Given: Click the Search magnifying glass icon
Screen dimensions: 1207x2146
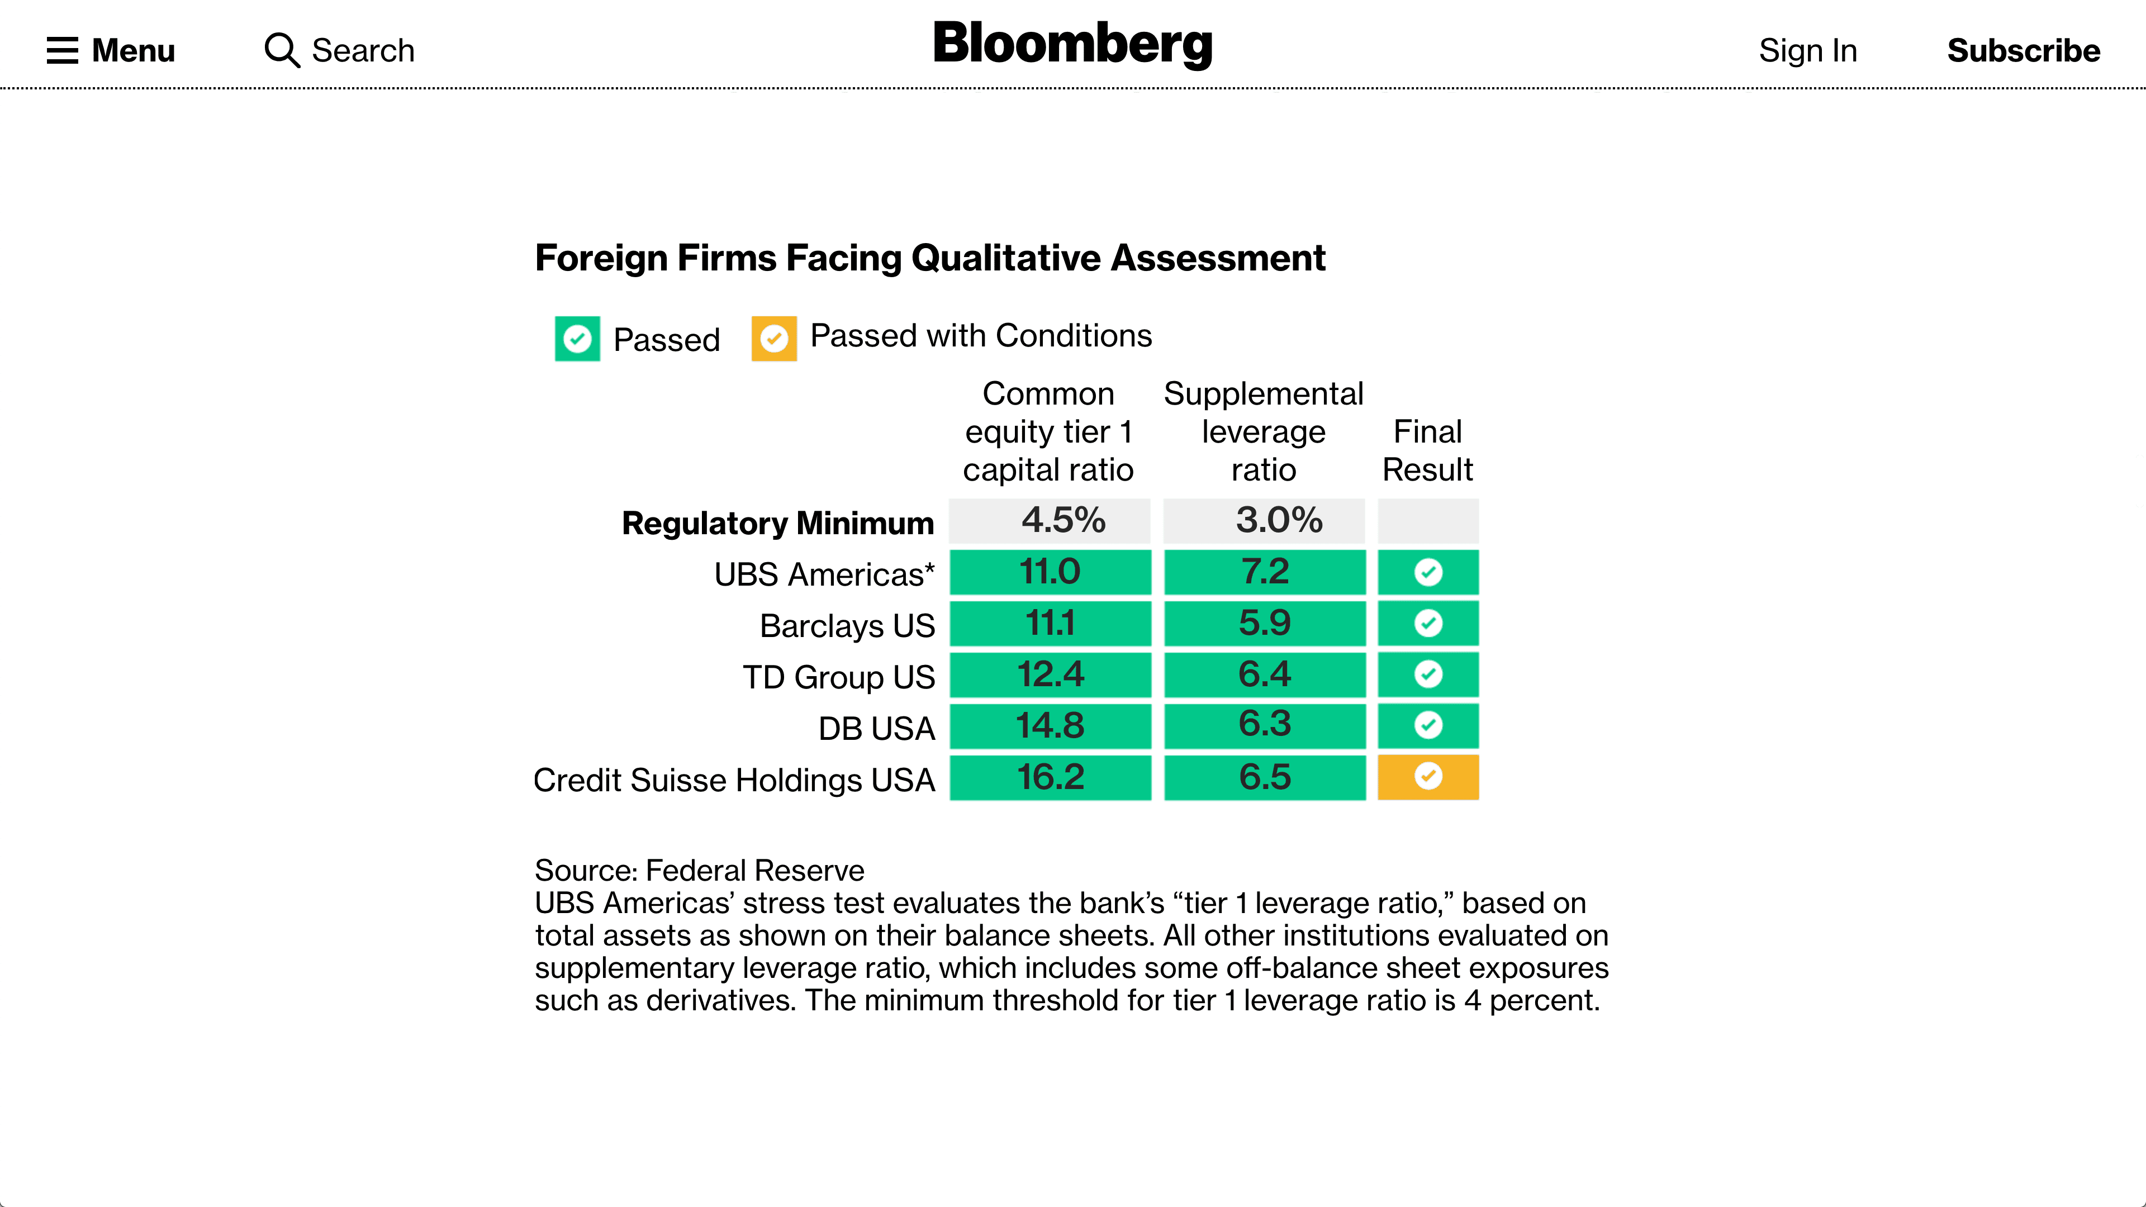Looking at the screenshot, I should pos(282,50).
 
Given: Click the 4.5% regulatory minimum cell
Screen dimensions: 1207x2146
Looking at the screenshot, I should pos(1050,521).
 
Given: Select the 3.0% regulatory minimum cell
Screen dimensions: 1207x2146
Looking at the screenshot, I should pos(1264,521).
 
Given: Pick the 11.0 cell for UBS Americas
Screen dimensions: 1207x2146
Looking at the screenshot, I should pos(1050,572).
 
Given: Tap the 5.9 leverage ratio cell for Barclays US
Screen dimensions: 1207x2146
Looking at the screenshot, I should pos(1264,623).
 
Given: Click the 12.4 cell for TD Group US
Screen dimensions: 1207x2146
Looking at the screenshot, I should pos(1050,674).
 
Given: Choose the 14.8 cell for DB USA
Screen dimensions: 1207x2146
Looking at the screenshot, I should pos(1050,725).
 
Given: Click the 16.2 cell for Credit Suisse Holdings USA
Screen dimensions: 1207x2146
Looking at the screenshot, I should pos(1050,777).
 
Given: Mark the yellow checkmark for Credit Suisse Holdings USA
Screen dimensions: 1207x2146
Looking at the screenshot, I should pos(1428,776).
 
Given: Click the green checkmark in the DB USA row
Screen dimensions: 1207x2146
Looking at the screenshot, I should pos(1428,725).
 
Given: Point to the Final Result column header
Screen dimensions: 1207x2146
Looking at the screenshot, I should pos(1427,450).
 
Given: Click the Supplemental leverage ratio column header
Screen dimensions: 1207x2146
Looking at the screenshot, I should pos(1263,431).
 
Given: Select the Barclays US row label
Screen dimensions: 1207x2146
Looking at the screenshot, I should pos(847,626).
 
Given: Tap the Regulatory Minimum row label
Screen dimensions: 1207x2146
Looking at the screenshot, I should pos(777,523).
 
